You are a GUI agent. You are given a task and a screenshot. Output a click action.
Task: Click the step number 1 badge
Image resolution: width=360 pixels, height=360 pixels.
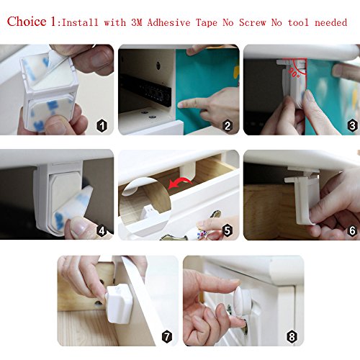click(102, 126)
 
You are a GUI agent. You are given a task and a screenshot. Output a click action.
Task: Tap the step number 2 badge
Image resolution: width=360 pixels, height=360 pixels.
click(228, 126)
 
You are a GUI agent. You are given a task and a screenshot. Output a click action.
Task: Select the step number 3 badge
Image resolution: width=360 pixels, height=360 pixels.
click(352, 125)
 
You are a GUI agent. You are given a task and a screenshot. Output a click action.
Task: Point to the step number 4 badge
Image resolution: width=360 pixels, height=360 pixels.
click(102, 231)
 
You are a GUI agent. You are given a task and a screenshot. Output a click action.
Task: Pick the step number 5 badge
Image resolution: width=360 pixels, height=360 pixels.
click(228, 230)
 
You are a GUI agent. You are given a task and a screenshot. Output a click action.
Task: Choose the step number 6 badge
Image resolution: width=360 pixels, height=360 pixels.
click(352, 230)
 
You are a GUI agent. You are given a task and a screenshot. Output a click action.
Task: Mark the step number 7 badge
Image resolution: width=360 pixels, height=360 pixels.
click(167, 336)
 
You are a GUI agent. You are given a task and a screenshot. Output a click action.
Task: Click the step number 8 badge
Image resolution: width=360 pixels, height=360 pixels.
click(292, 336)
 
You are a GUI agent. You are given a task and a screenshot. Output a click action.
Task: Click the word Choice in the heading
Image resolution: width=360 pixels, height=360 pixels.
click(27, 22)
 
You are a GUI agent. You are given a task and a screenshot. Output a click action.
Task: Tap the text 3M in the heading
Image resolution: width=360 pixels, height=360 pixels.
click(137, 22)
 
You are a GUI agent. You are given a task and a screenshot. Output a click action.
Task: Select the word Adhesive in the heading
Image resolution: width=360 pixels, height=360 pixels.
click(168, 22)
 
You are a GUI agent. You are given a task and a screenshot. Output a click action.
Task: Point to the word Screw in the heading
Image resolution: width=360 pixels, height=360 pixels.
click(253, 22)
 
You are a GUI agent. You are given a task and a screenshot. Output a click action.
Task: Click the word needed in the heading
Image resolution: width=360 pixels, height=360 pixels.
click(331, 22)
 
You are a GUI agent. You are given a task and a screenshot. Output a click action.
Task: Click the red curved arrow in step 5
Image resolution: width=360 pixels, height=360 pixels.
click(179, 183)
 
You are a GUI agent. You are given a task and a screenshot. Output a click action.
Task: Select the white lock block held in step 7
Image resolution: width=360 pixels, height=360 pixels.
click(119, 303)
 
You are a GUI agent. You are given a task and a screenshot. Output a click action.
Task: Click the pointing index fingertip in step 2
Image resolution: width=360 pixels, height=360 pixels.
click(181, 104)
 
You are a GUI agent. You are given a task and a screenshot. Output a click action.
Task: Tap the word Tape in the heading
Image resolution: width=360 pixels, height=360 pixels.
click(207, 22)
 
